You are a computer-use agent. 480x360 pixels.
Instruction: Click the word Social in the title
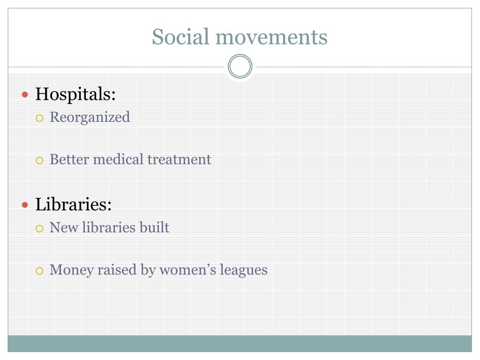pyautogui.click(x=180, y=37)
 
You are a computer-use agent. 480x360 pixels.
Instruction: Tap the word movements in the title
pyautogui.click(x=271, y=37)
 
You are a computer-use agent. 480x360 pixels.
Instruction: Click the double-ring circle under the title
pyautogui.click(x=240, y=66)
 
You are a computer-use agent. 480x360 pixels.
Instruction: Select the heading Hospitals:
pyautogui.click(x=75, y=94)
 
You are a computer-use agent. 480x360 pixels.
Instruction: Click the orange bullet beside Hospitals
pyautogui.click(x=25, y=95)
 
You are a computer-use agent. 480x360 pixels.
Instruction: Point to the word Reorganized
pyautogui.click(x=90, y=118)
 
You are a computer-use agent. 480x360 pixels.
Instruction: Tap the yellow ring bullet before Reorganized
pyautogui.click(x=39, y=118)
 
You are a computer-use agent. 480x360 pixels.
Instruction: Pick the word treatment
pyautogui.click(x=180, y=159)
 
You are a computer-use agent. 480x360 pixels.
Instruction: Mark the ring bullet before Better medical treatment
pyautogui.click(x=39, y=160)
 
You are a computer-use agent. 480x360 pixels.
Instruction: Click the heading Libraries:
pyautogui.click(x=74, y=204)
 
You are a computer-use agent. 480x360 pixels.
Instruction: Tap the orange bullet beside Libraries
pyautogui.click(x=25, y=205)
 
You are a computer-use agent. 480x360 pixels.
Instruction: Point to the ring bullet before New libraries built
pyautogui.click(x=39, y=228)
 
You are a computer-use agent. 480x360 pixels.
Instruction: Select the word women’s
pyautogui.click(x=187, y=270)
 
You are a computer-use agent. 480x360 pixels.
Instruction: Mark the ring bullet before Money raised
pyautogui.click(x=39, y=271)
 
